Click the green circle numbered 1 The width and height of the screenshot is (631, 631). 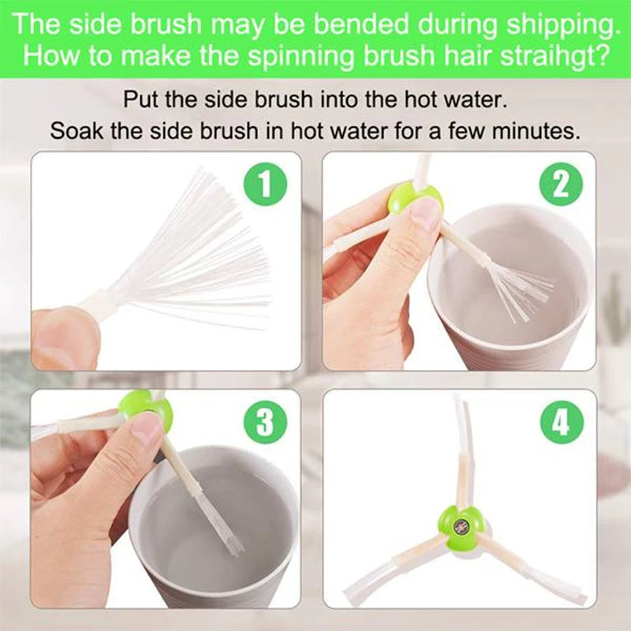coord(265,185)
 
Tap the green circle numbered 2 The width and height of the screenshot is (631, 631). coord(561,185)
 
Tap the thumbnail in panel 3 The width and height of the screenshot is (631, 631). coord(147,430)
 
